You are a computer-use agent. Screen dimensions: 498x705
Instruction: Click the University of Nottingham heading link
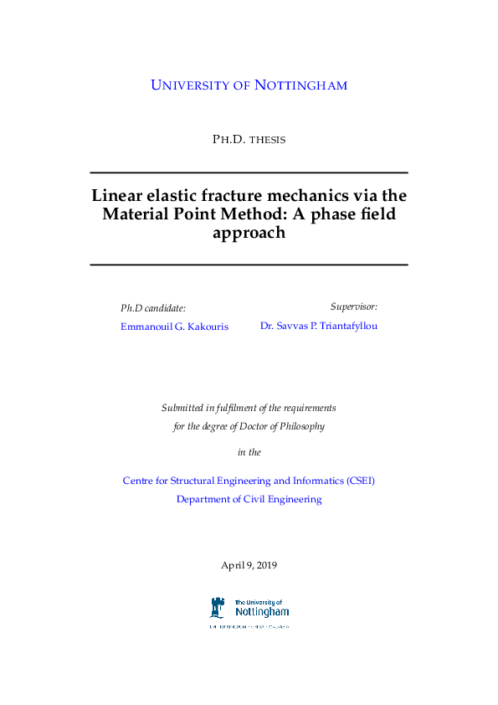pyautogui.click(x=249, y=85)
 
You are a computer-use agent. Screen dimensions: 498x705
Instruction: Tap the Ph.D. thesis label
pyautogui.click(x=249, y=139)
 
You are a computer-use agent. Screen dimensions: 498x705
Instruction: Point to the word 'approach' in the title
pyautogui.click(x=249, y=234)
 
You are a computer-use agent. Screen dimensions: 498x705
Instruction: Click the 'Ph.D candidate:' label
pyautogui.click(x=153, y=307)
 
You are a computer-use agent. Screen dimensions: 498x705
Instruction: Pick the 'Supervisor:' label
pyautogui.click(x=353, y=307)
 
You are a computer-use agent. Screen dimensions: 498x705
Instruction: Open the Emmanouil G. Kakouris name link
pyautogui.click(x=174, y=326)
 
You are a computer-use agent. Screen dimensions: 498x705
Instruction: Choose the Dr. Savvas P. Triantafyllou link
pyautogui.click(x=319, y=326)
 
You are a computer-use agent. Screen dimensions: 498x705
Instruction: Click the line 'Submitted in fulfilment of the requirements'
pyautogui.click(x=249, y=408)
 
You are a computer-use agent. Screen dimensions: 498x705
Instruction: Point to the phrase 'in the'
pyautogui.click(x=249, y=452)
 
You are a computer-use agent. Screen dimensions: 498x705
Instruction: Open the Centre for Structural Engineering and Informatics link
pyautogui.click(x=249, y=481)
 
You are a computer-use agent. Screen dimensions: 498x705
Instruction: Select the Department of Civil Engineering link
pyautogui.click(x=249, y=499)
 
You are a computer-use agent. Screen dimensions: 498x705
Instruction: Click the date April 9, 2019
pyautogui.click(x=249, y=565)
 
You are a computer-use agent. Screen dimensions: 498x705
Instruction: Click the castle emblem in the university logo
pyautogui.click(x=218, y=608)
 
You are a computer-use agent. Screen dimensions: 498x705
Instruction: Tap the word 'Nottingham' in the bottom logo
pyautogui.click(x=262, y=612)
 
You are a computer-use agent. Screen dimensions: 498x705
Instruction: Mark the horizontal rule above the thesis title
pyautogui.click(x=249, y=172)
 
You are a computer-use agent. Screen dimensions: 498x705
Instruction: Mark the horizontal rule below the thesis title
pyautogui.click(x=249, y=265)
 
